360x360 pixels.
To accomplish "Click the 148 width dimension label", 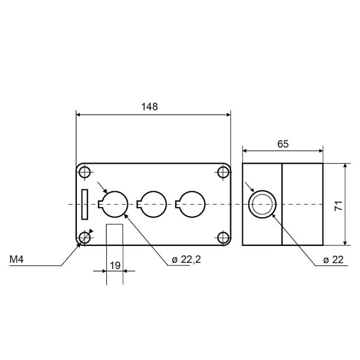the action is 149,107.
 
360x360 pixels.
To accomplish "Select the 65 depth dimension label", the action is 283,144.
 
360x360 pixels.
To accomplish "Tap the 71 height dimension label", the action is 338,205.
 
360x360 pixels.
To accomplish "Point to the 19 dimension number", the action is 115,266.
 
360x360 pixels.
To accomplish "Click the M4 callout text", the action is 16,259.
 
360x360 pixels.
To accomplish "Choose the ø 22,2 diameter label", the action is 186,260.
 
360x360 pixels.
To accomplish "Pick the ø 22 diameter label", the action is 333,260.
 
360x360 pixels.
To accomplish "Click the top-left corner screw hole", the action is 85,172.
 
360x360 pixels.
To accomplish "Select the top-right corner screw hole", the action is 223,172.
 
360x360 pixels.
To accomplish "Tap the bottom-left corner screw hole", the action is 85,238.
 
